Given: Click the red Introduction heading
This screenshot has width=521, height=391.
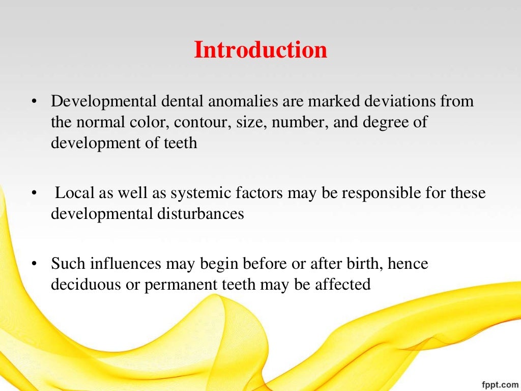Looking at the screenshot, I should pyautogui.click(x=260, y=50).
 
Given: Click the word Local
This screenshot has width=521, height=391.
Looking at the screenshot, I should pyautogui.click(x=72, y=193).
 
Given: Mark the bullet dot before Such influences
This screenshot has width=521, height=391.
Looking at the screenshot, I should pyautogui.click(x=34, y=264).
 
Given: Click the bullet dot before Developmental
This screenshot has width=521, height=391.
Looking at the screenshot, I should pyautogui.click(x=34, y=102).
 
